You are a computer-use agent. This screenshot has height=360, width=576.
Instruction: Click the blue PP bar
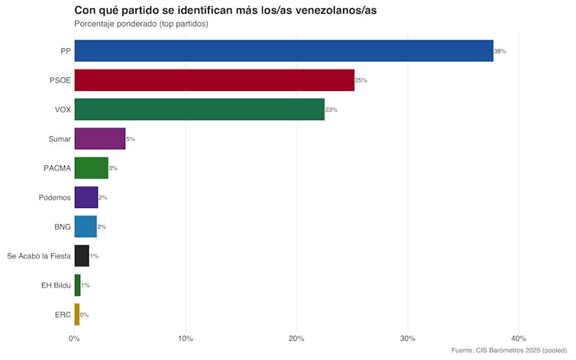(283, 51)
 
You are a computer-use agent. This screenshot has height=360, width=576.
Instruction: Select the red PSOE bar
(214, 80)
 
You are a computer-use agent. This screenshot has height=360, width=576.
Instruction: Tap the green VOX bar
(199, 109)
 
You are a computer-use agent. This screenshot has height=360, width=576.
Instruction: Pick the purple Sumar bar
(99, 139)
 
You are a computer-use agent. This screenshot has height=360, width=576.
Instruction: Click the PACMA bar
(91, 168)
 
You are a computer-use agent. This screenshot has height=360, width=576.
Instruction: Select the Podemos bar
(86, 197)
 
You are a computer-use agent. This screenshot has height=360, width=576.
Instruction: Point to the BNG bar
(85, 227)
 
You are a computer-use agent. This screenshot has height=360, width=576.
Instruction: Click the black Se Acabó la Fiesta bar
(81, 256)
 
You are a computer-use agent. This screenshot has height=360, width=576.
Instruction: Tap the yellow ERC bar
(76, 314)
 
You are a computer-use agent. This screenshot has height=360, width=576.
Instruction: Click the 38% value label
(500, 51)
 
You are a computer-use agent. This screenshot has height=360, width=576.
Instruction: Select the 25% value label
(361, 80)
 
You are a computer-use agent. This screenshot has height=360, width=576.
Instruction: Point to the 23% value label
(332, 110)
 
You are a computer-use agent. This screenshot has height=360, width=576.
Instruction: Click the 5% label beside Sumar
(131, 139)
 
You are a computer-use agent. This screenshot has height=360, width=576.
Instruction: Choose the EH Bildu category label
(56, 285)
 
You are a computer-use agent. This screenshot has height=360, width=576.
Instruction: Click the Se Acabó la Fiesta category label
(38, 256)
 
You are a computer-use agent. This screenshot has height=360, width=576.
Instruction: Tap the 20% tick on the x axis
(296, 339)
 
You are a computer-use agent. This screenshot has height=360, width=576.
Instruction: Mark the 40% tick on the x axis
(519, 339)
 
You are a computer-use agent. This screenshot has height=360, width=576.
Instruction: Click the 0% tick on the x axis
(74, 339)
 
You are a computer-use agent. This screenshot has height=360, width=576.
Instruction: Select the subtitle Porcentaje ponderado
(141, 24)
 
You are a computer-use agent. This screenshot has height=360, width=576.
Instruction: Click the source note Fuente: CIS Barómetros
(510, 351)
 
